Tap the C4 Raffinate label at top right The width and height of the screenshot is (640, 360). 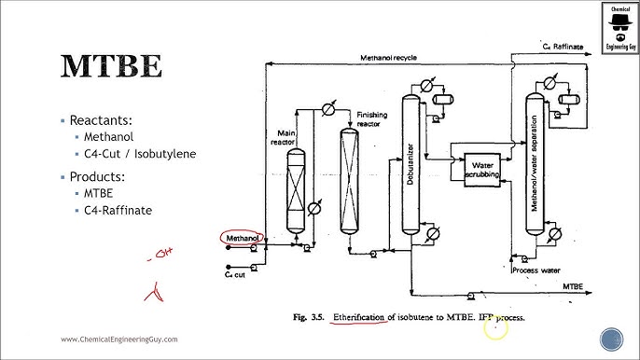563,45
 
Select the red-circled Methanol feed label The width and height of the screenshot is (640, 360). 242,239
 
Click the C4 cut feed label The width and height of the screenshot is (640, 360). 234,274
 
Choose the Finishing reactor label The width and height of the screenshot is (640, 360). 373,118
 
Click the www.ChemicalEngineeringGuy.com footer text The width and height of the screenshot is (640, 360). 119,339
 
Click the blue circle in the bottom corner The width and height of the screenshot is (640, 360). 612,339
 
